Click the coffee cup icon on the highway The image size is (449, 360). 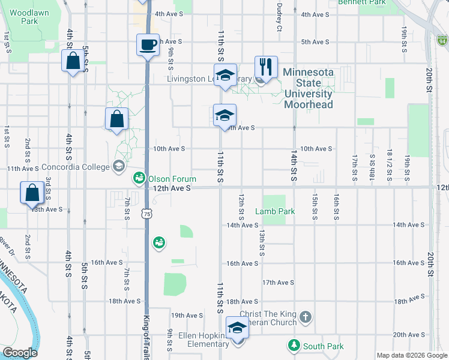pyautogui.click(x=148, y=44)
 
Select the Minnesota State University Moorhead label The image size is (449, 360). pyautogui.click(x=308, y=88)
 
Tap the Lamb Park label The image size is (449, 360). pyautogui.click(x=274, y=211)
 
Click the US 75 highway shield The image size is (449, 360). pyautogui.click(x=147, y=214)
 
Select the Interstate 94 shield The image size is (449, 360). pyautogui.click(x=442, y=41)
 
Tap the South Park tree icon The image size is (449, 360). pyautogui.click(x=294, y=346)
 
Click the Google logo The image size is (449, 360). pyautogui.click(x=20, y=353)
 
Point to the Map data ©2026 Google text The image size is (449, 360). pyautogui.click(x=411, y=355)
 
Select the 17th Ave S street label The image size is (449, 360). pyautogui.click(x=277, y=283)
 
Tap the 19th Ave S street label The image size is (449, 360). pyautogui.click(x=187, y=315)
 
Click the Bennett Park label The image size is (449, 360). pyautogui.click(x=361, y=2)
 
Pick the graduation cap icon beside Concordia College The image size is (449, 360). pyautogui.click(x=118, y=166)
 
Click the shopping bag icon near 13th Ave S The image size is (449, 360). pyautogui.click(x=32, y=193)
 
